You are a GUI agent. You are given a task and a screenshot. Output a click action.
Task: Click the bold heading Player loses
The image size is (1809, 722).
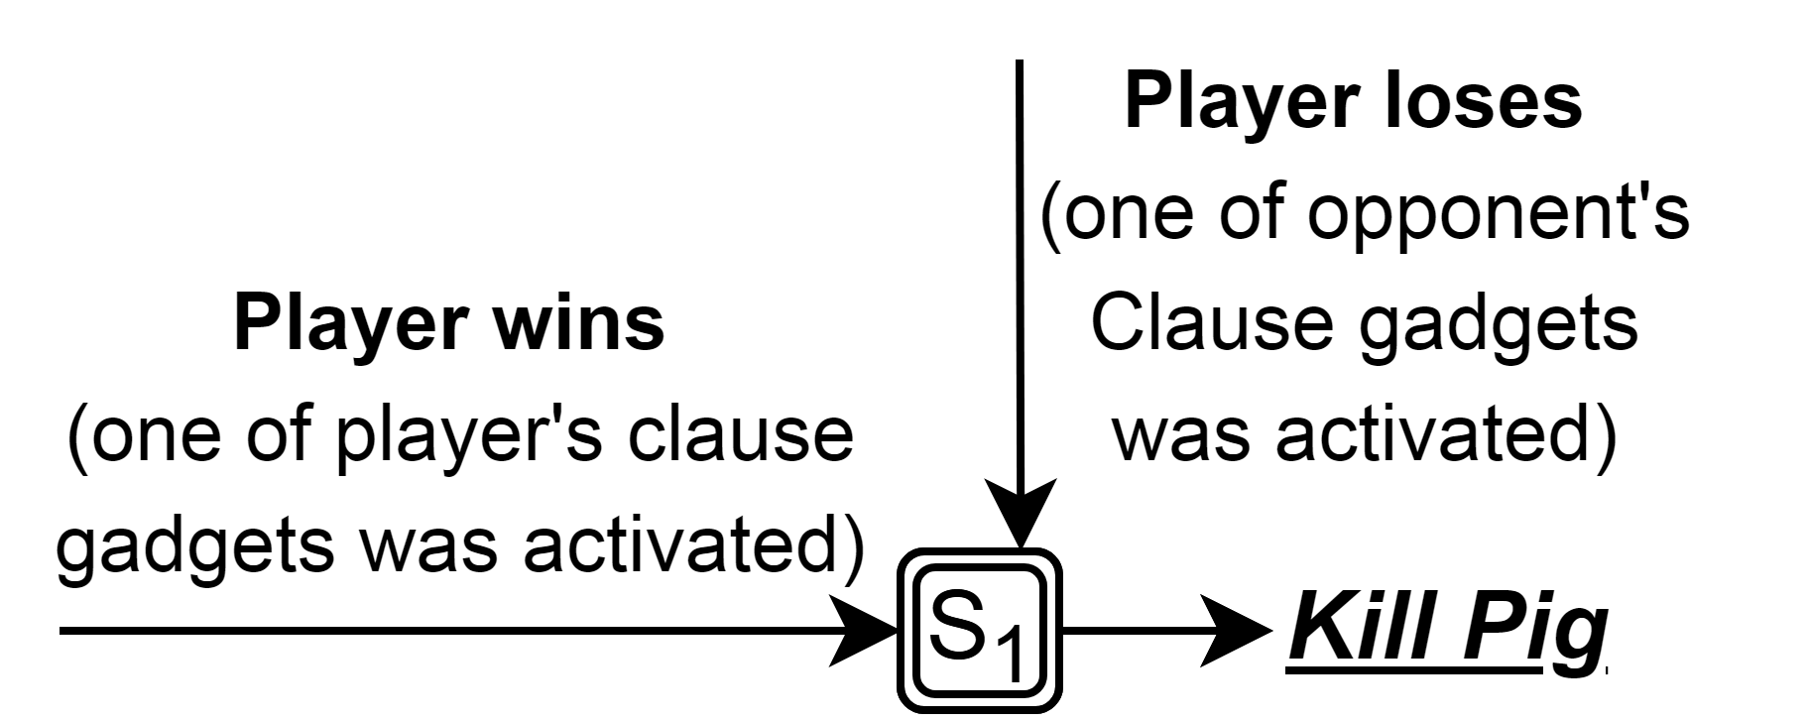(x=1353, y=102)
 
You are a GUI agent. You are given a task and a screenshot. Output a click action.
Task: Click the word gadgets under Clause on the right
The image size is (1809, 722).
(x=1498, y=325)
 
